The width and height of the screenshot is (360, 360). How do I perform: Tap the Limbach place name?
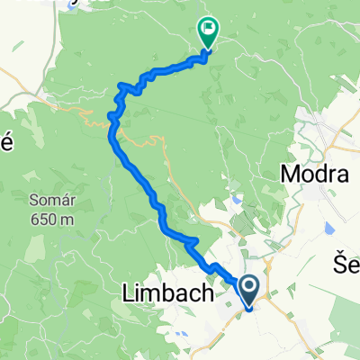[166, 293]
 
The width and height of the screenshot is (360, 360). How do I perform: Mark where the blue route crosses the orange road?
[112, 115]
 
